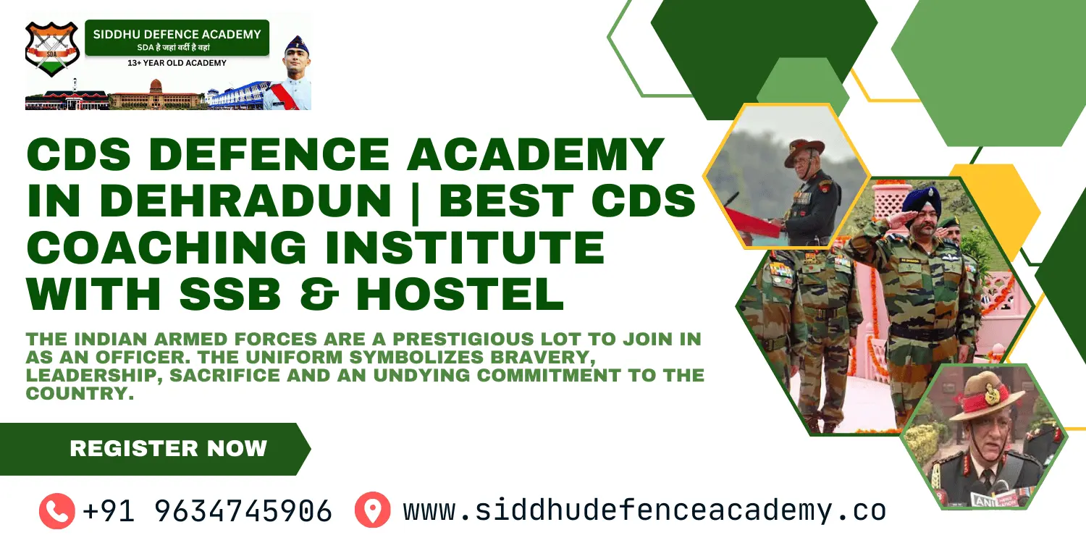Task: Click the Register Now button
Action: (x=168, y=449)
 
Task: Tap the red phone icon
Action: (x=56, y=510)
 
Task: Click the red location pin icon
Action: (x=372, y=510)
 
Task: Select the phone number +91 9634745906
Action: (x=207, y=511)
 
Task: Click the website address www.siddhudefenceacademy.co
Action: (x=644, y=510)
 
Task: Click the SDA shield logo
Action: (x=51, y=49)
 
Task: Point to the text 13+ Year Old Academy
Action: (x=177, y=63)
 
